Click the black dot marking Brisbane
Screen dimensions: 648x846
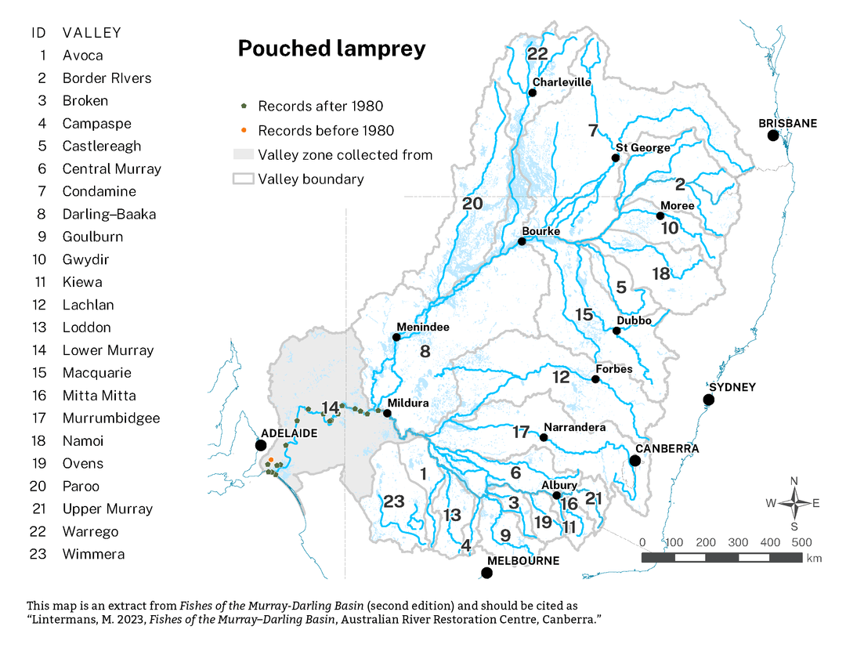click(x=773, y=136)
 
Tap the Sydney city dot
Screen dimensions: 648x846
click(x=709, y=400)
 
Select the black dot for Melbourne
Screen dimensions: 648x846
click(x=486, y=573)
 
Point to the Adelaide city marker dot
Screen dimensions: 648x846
click(x=261, y=445)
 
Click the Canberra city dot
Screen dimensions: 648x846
click(x=635, y=461)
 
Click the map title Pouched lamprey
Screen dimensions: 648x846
click(x=331, y=49)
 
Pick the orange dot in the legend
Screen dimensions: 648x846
click(x=244, y=130)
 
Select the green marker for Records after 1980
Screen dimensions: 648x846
click(x=244, y=106)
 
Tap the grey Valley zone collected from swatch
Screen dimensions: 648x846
click(x=244, y=154)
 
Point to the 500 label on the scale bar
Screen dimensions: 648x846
click(x=801, y=542)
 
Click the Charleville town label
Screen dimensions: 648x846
click(x=561, y=82)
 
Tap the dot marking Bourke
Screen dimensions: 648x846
click(x=522, y=242)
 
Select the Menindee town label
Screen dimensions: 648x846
click(x=423, y=327)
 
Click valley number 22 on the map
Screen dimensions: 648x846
click(x=537, y=54)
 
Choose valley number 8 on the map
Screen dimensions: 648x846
click(x=425, y=352)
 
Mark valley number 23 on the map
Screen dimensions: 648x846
click(x=393, y=501)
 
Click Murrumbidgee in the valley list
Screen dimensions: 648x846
click(x=111, y=418)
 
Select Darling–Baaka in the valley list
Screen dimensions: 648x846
click(x=109, y=214)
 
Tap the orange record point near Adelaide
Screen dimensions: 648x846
click(x=270, y=460)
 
